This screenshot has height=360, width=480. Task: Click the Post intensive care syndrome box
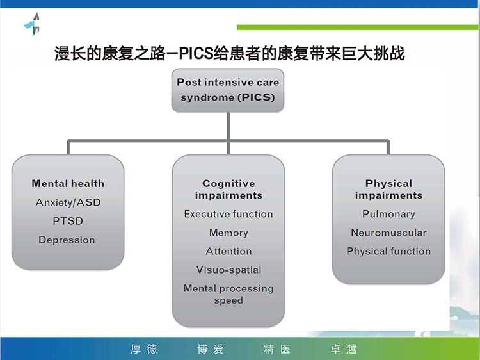coord(228,90)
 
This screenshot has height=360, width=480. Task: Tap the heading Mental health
coord(68,184)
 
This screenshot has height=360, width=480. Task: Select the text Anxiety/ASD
coord(68,202)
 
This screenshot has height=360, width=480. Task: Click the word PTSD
coord(68,221)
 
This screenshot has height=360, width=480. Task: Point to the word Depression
coord(67,240)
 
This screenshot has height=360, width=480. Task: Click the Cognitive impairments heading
coord(228,190)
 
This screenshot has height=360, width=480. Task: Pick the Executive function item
coord(228,214)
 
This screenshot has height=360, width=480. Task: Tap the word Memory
coord(228,233)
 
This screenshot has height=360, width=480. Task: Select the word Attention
coord(228,251)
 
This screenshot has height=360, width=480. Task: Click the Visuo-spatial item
coord(228,270)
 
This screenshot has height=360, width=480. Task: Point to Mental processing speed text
coord(228,294)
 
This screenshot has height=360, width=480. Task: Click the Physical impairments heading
coord(388,190)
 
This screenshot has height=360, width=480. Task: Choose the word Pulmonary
coord(388,214)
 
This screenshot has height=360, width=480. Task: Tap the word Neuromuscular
coord(388,233)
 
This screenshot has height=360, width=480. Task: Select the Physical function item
coord(388,251)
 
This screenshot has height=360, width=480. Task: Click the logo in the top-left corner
coord(33,24)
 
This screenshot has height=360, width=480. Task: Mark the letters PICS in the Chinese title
coord(196,53)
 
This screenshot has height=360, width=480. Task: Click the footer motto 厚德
coord(144,349)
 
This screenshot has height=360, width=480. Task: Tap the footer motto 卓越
coord(344,349)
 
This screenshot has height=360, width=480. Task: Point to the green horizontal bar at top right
coord(357,28)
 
